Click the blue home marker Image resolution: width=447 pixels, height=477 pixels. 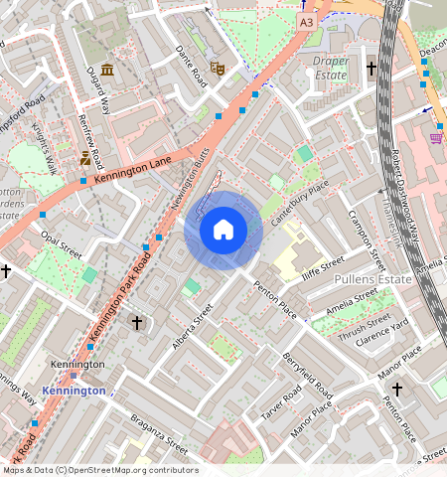[223, 230]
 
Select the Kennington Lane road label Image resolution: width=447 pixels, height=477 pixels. [133, 170]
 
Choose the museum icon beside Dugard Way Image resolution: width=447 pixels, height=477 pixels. [107, 70]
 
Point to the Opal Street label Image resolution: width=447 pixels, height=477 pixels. [61, 244]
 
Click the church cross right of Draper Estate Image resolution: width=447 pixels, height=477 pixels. [372, 69]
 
